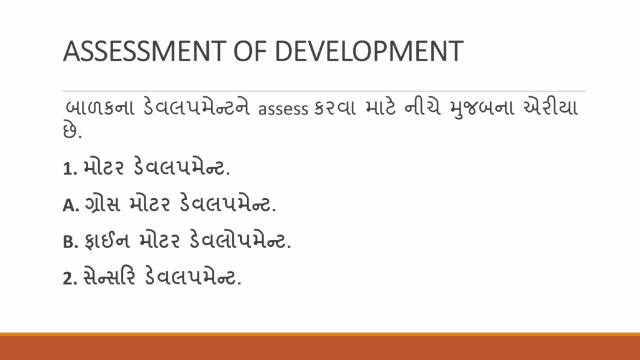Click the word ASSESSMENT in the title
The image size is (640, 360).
[x=144, y=51]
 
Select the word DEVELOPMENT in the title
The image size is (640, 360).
[x=369, y=51]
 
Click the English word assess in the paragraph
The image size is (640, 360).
[x=283, y=109]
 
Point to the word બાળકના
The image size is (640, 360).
[x=100, y=107]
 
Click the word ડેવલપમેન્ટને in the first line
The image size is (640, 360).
[x=197, y=107]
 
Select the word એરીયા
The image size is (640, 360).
[x=551, y=107]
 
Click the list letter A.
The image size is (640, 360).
[x=71, y=205]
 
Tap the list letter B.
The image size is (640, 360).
[x=70, y=242]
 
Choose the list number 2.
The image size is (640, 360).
[x=70, y=279]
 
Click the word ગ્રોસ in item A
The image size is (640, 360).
[x=102, y=204]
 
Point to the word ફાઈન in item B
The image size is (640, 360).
[x=107, y=241]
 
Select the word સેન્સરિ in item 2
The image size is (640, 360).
[x=109, y=277]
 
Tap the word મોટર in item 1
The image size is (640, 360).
[x=103, y=167]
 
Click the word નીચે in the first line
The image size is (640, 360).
[x=422, y=107]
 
